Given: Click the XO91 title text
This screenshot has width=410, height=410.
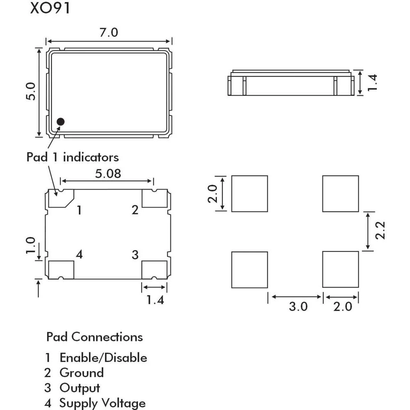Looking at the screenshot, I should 50,9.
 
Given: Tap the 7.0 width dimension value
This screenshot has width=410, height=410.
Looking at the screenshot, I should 109,33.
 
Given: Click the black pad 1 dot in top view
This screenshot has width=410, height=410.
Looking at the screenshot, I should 61,121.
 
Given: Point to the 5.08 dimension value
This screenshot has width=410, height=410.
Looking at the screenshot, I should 108,174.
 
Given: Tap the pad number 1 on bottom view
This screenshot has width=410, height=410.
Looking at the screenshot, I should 80,211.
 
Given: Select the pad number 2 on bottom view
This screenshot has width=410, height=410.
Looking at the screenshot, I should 135,210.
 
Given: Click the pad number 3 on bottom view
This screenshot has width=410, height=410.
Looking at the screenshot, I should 135,255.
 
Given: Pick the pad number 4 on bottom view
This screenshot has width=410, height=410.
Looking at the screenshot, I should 79,255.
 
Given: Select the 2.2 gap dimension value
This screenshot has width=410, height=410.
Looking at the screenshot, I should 380,230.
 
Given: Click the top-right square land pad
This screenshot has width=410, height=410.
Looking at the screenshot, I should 340,194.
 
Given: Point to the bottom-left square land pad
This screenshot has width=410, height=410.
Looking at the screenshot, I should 249,269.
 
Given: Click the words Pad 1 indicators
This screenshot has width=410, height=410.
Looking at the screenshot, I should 73,157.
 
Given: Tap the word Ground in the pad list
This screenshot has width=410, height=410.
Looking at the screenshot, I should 81,373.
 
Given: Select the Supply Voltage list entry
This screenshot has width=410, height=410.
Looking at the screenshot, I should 102,403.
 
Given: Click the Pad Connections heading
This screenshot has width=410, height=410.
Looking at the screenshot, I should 95,337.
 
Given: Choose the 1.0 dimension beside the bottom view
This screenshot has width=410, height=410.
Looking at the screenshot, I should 30,245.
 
